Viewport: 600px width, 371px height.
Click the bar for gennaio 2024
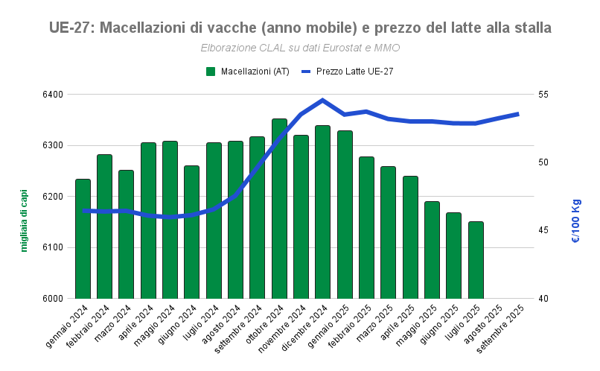83,238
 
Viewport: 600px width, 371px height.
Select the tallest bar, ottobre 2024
279,209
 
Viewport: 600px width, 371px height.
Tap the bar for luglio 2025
476,260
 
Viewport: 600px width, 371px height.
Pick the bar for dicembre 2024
322,212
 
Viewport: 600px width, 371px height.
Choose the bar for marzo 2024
126,234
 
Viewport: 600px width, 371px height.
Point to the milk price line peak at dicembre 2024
322,100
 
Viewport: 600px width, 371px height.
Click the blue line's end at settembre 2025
518,114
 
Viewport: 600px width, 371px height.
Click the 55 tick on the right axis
543,95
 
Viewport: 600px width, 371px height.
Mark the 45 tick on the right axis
543,231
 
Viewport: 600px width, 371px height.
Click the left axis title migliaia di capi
24,221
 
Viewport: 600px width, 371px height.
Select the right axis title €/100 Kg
576,221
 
